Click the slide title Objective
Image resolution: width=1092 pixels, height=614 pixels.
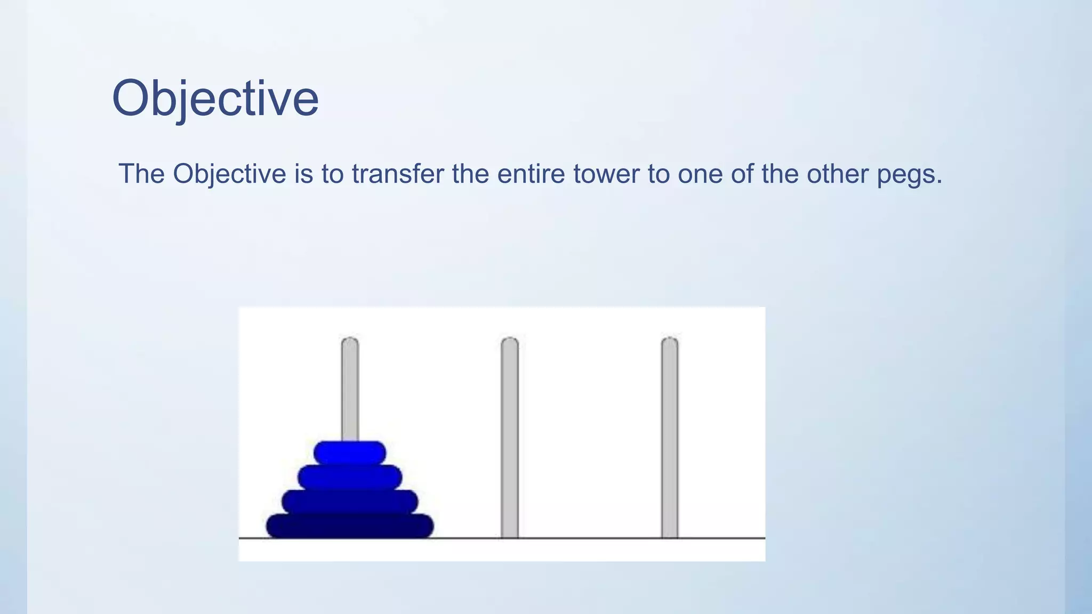click(x=215, y=99)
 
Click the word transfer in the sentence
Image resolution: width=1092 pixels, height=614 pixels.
click(x=397, y=174)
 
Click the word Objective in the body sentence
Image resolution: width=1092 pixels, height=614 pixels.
click(x=229, y=174)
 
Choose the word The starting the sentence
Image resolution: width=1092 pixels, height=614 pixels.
click(x=141, y=174)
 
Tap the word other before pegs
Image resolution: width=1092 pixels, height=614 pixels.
click(x=837, y=174)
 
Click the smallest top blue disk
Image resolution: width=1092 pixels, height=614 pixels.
click(x=350, y=453)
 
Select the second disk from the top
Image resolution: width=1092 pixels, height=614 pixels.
click(x=350, y=477)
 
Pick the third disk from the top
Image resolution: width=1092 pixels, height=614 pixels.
click(x=350, y=502)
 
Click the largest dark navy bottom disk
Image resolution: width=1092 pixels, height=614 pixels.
click(x=350, y=526)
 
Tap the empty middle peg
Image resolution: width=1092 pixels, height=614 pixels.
click(x=510, y=437)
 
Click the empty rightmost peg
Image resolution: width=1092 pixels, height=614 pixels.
click(x=670, y=437)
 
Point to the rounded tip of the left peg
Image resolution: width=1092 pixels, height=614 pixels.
click(x=350, y=343)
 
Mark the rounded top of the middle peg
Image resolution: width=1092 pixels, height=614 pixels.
click(x=510, y=343)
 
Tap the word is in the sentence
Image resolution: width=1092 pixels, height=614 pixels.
click(x=304, y=174)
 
